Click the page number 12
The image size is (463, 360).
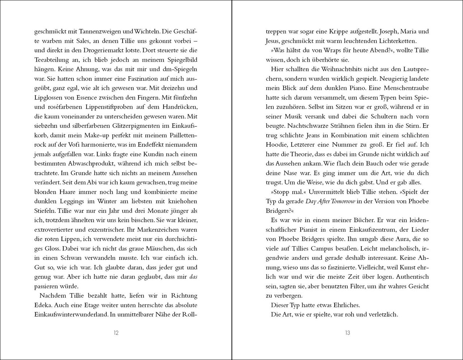tap(116, 333)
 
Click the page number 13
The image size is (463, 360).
tap(347, 333)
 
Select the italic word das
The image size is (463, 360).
tap(194, 277)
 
